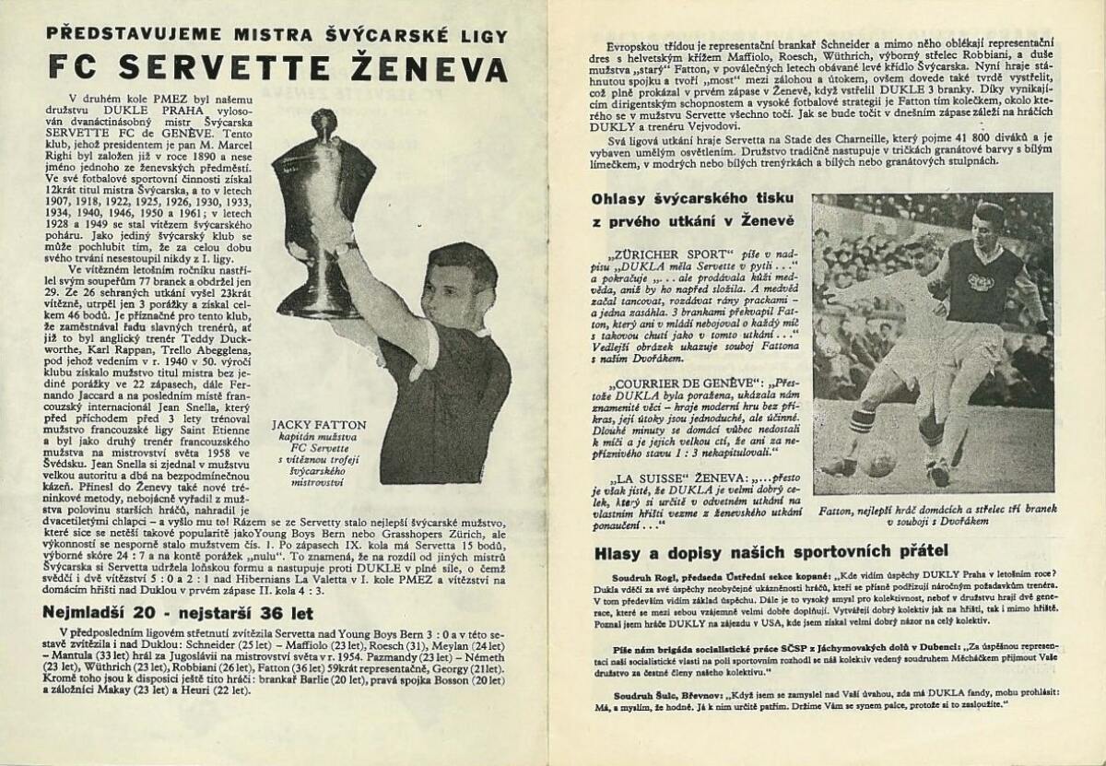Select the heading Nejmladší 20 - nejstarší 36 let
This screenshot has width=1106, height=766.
click(x=180, y=612)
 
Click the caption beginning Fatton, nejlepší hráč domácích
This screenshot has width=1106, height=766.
click(x=932, y=514)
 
